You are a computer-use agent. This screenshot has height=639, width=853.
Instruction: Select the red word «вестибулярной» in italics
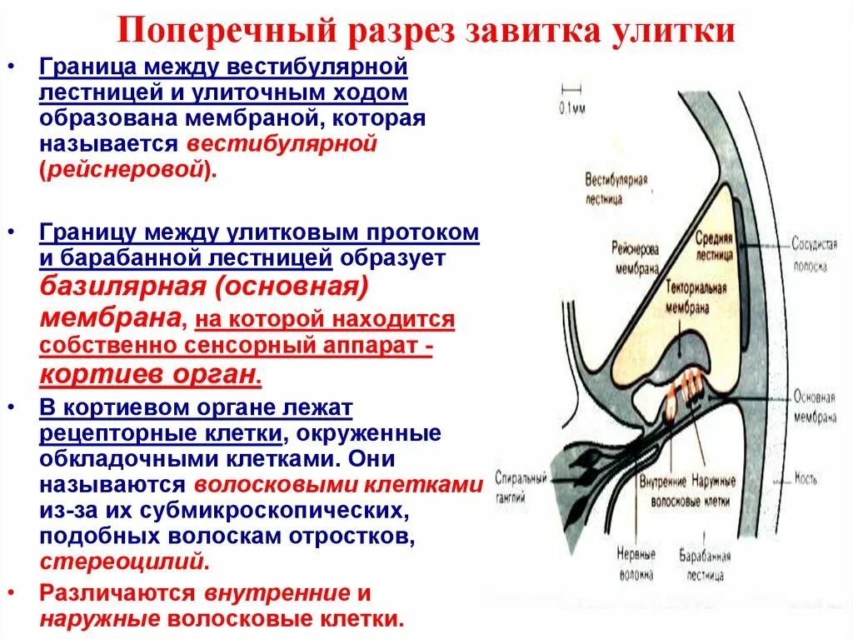click(x=282, y=143)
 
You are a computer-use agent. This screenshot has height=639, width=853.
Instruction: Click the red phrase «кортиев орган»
click(x=150, y=374)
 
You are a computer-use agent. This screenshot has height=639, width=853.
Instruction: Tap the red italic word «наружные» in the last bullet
click(x=99, y=619)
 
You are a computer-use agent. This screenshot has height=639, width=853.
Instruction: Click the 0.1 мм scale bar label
click(x=572, y=106)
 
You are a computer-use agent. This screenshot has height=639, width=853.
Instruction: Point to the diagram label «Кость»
click(x=806, y=479)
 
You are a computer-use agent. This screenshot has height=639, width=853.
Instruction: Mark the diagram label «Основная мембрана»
click(x=814, y=407)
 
